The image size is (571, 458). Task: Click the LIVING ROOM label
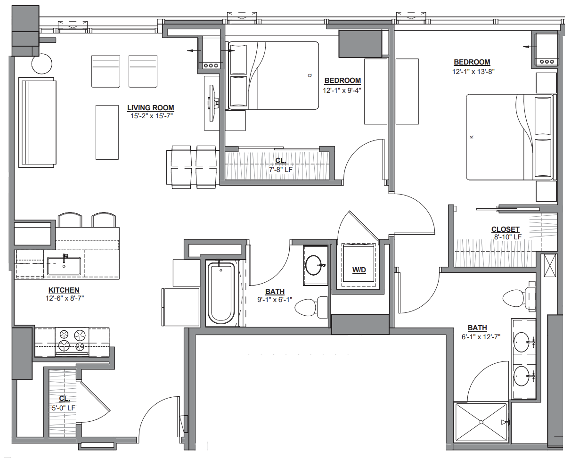coord(150,108)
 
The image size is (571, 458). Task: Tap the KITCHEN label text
coord(64,290)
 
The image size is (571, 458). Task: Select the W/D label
coord(359,270)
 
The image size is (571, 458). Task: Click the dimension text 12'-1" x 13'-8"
coord(473,71)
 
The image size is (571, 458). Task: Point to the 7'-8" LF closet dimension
coord(281,169)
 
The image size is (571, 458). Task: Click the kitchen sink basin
coord(64,265)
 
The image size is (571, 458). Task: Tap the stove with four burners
coord(72,342)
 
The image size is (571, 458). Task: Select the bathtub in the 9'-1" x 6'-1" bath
coord(221,293)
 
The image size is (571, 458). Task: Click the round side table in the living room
coord(41,64)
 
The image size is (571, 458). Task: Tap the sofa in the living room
coord(37,123)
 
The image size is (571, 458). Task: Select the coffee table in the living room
coord(107,132)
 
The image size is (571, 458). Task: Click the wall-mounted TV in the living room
coord(212,103)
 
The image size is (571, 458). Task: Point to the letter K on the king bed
coord(472,137)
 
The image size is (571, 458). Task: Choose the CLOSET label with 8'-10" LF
coord(505,229)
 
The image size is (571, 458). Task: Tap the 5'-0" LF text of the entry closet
coord(64,408)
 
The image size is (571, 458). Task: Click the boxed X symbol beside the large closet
coord(549,266)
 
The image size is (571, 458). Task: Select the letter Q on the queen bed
coord(310,75)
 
